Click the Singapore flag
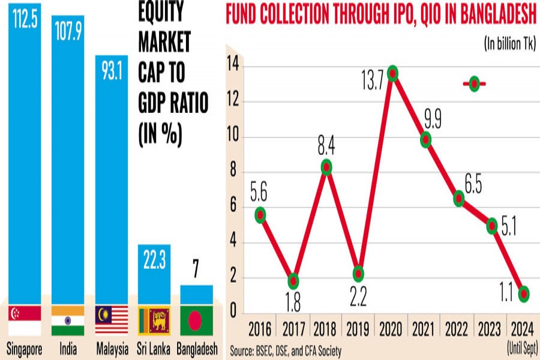25,320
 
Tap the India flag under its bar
68,320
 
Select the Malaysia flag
111,320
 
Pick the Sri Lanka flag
154,320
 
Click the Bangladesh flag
197,320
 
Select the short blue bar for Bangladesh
197,294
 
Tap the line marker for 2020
393,74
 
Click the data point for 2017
293,281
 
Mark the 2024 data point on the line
524,293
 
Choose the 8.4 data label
326,144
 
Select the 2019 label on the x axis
359,329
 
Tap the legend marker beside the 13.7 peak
474,84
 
